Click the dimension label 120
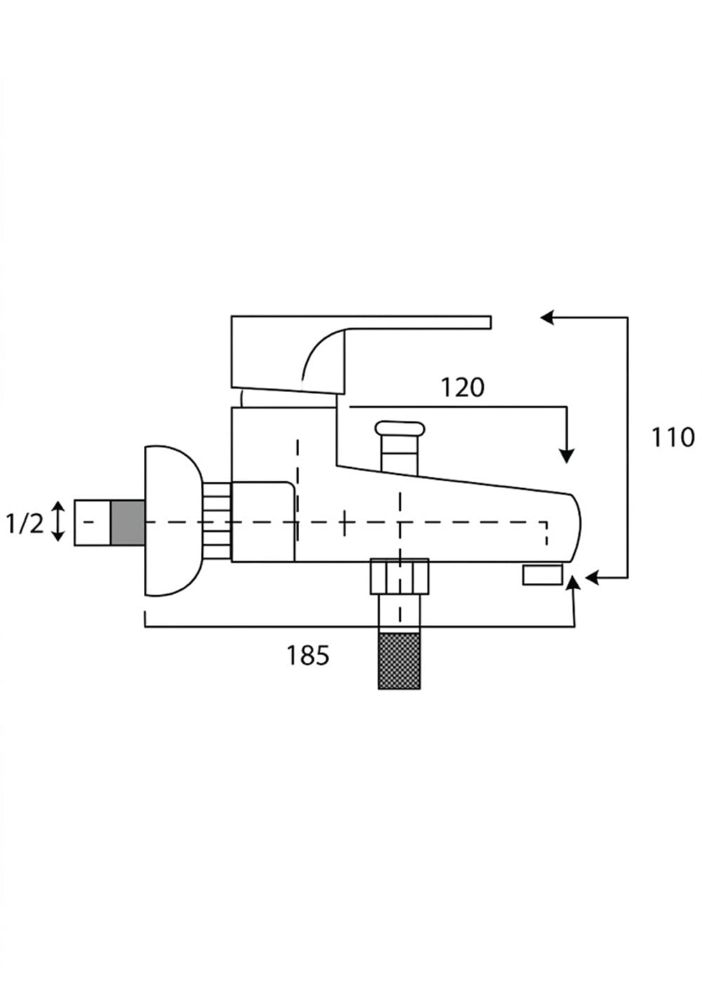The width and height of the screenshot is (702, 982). (463, 387)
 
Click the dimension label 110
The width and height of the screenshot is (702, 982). (673, 438)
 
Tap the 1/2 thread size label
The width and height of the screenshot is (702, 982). (25, 523)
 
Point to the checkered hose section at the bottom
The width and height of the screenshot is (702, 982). (399, 661)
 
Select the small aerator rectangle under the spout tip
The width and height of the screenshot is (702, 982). (542, 574)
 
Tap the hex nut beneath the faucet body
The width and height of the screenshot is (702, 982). (399, 577)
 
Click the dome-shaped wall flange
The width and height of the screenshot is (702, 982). (173, 520)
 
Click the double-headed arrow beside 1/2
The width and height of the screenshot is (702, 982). (58, 522)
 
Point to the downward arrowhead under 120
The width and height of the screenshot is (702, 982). (567, 456)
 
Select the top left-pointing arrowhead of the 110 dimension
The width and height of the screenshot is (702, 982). (547, 317)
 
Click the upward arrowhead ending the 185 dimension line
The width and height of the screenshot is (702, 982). (574, 584)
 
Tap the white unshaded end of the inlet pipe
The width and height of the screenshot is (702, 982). (92, 523)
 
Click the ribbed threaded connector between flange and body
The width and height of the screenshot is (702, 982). (217, 520)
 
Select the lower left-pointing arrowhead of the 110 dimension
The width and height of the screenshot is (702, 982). (592, 578)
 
